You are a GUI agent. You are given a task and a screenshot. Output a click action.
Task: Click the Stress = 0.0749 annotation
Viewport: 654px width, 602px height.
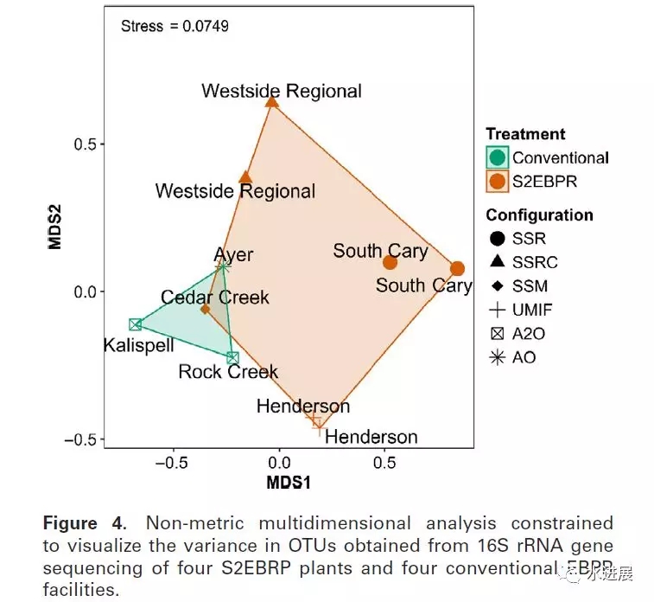coord(175,26)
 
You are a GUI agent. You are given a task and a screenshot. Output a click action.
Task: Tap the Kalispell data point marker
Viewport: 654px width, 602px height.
coord(136,324)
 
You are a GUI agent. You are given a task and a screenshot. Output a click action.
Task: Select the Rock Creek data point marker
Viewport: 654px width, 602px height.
coord(232,357)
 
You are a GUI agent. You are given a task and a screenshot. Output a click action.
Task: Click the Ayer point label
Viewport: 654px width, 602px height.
coord(234,254)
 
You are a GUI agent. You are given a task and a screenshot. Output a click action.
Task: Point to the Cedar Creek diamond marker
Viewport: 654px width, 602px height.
coord(205,309)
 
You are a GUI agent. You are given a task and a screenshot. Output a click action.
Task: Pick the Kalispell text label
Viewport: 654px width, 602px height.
coord(138,345)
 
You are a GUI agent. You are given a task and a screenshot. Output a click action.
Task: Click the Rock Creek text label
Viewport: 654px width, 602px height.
coord(228,372)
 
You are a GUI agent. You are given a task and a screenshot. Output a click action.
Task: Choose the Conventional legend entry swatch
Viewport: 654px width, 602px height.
coord(497,157)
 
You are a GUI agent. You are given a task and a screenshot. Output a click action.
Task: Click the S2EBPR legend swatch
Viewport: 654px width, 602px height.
coord(497,182)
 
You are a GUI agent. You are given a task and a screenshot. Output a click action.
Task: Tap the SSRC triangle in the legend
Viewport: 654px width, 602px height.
coord(497,262)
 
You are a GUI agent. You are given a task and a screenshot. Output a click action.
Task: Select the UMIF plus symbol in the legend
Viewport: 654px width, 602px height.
coord(497,310)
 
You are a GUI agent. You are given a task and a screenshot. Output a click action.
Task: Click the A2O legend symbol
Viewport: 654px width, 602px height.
coord(497,333)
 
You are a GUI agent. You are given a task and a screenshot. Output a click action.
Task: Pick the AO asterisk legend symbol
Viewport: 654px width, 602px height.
coord(497,356)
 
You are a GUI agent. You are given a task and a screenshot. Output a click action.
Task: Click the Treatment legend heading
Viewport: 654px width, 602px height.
coord(525,134)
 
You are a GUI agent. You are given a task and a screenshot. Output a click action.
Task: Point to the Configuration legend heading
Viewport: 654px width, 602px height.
coord(539,215)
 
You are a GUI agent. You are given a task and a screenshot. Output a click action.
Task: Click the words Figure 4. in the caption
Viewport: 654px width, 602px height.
coord(83,523)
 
